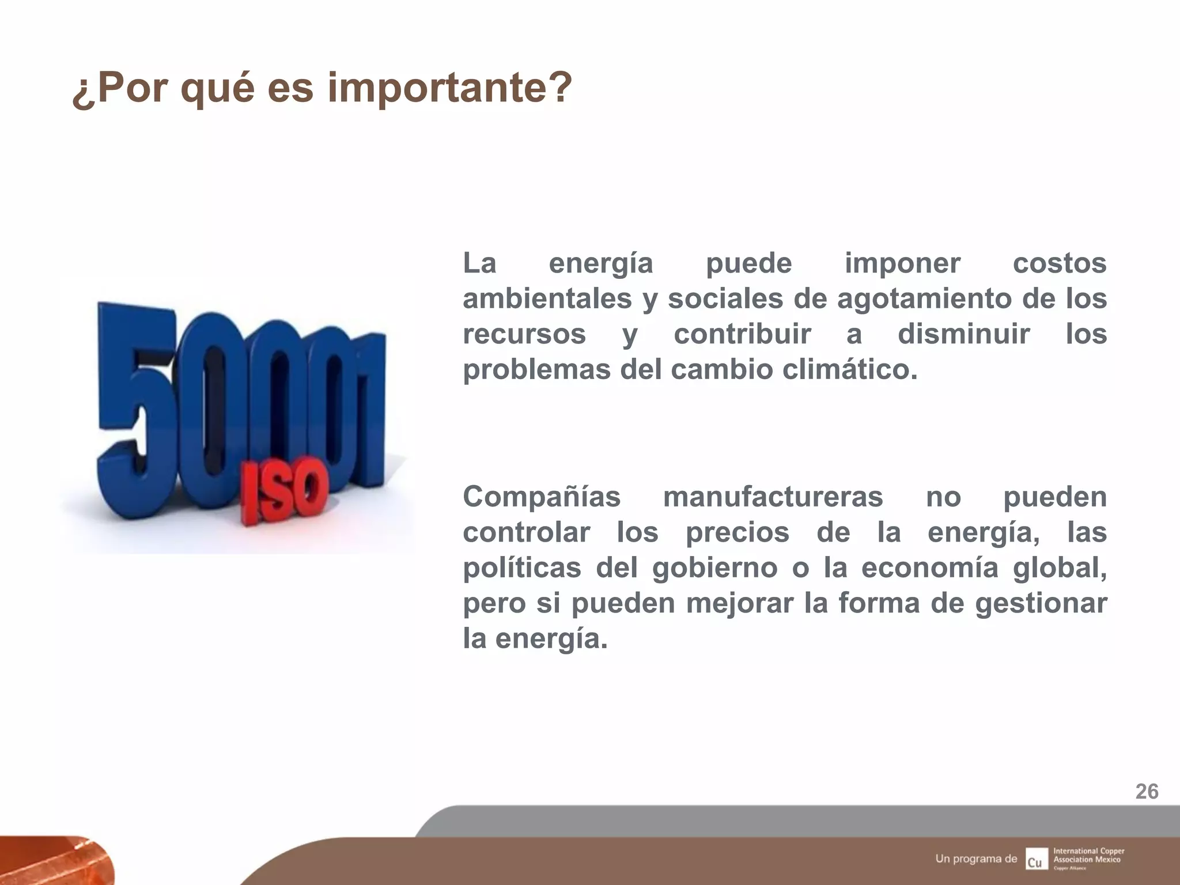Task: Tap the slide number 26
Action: pos(1147,792)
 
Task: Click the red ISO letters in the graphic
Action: pos(284,493)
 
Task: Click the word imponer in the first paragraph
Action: pos(902,264)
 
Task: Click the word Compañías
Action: pos(542,497)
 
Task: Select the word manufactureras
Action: pos(773,497)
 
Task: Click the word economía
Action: pos(929,568)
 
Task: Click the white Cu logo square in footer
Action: pos(1037,858)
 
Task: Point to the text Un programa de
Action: pos(976,858)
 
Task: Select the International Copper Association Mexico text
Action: pos(1089,856)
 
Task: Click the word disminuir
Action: pos(963,334)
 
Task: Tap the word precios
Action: pos(737,532)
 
